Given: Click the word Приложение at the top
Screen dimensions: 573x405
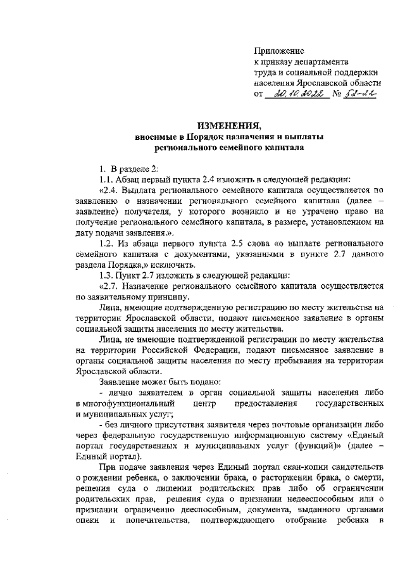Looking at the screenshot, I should [x=279, y=51].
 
